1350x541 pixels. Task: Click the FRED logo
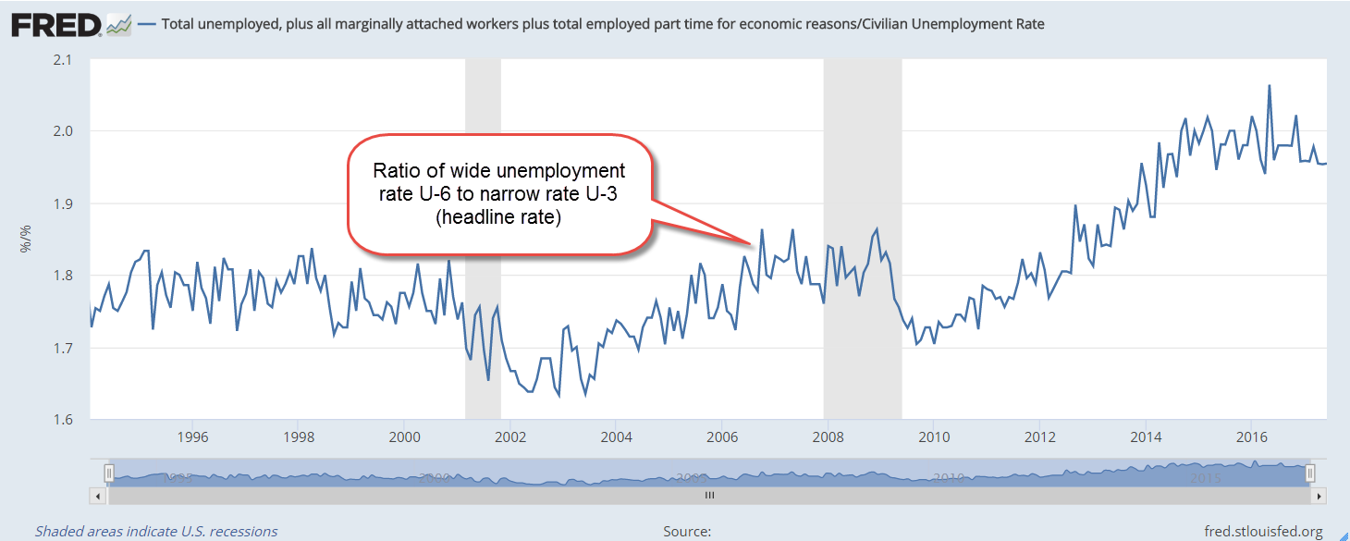pos(55,25)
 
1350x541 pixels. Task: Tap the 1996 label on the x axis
pos(191,436)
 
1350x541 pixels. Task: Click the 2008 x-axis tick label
pos(828,436)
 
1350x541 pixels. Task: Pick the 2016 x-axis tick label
pos(1252,436)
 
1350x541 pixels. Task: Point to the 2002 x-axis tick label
pos(509,436)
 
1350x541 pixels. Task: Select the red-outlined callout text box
pos(499,194)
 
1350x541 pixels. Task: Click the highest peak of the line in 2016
pos(1269,86)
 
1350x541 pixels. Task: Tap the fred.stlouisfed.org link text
pos(1263,532)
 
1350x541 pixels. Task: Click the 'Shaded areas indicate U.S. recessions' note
pos(156,532)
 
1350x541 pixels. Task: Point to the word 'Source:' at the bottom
pos(687,532)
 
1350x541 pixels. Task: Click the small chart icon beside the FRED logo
pos(119,25)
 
